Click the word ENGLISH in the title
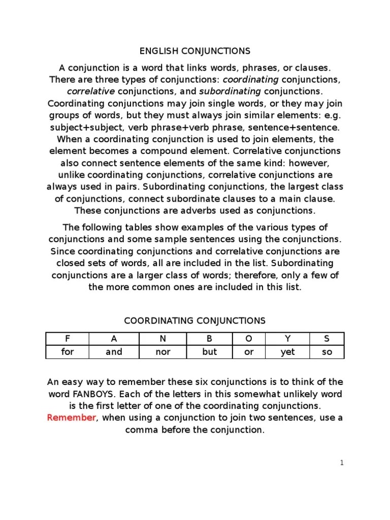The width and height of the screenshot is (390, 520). point(157,51)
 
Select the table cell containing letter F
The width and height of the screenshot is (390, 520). point(67,339)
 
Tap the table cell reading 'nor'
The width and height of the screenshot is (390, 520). point(163,352)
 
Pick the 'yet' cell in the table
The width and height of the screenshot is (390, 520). point(287,352)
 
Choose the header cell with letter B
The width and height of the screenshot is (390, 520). point(209,339)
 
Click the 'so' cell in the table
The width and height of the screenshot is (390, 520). point(327,352)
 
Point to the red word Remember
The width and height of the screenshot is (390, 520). point(71,417)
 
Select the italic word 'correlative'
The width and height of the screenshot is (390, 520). point(91,91)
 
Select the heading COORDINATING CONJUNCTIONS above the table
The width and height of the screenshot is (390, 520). point(195,320)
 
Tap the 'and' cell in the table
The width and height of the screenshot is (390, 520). point(114,352)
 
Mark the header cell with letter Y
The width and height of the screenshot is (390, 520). point(287,339)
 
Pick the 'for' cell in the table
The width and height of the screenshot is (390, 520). point(67,352)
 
